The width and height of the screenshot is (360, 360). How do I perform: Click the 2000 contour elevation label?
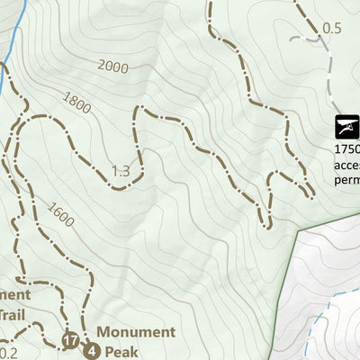pyautogui.click(x=113, y=67)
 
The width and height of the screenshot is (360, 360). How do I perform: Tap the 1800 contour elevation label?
pyautogui.click(x=77, y=103)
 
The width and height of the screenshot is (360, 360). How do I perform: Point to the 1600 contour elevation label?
pyautogui.click(x=60, y=215)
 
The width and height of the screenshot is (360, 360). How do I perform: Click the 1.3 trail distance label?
pyautogui.click(x=121, y=171)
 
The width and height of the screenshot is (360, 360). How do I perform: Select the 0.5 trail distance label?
pyautogui.click(x=332, y=28)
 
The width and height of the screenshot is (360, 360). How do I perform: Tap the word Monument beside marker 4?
pyautogui.click(x=136, y=332)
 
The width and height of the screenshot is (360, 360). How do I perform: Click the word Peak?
pyautogui.click(x=122, y=351)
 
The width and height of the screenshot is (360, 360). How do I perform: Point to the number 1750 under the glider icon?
pyautogui.click(x=346, y=149)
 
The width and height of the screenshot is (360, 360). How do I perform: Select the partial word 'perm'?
pyautogui.click(x=347, y=179)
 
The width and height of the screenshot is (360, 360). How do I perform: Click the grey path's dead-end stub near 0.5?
pyautogui.click(x=295, y=40)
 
